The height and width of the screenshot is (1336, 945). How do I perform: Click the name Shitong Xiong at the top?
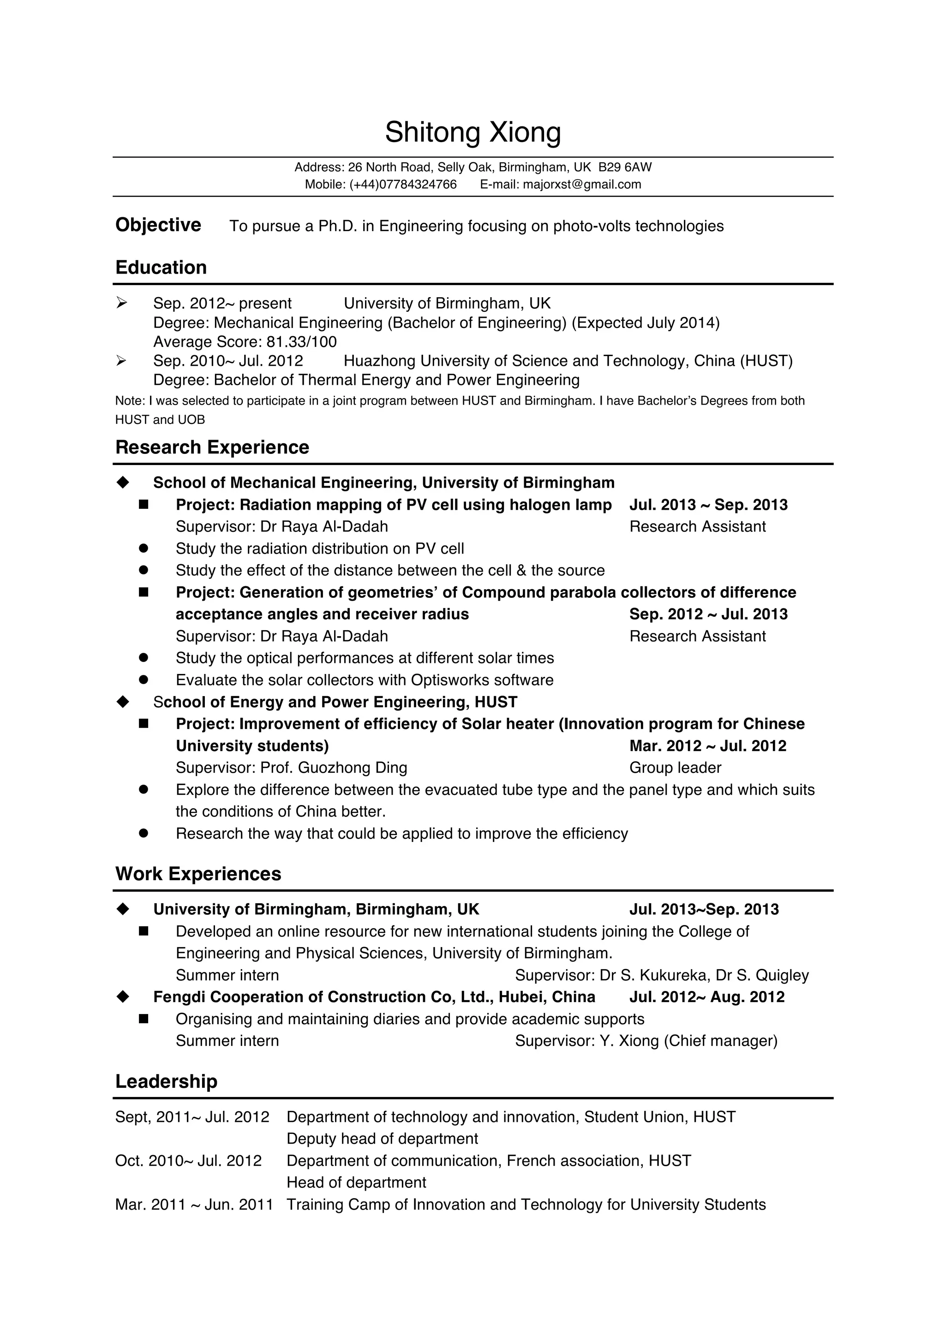pyautogui.click(x=472, y=133)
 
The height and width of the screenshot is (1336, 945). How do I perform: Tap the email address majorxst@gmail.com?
pyautogui.click(x=581, y=185)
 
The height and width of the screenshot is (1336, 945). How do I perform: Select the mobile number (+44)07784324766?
pyautogui.click(x=403, y=185)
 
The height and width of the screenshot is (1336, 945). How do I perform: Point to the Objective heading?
pyautogui.click(x=158, y=225)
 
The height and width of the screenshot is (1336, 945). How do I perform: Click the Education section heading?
pyautogui.click(x=161, y=268)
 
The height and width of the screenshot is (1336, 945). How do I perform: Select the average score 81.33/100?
pyautogui.click(x=301, y=341)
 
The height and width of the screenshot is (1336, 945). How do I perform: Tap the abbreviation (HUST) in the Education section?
pyautogui.click(x=766, y=361)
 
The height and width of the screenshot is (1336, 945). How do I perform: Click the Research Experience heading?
pyautogui.click(x=212, y=447)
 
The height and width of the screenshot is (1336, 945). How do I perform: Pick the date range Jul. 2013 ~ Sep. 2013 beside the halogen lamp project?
pyautogui.click(x=708, y=505)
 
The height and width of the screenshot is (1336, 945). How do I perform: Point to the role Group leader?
pyautogui.click(x=675, y=768)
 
